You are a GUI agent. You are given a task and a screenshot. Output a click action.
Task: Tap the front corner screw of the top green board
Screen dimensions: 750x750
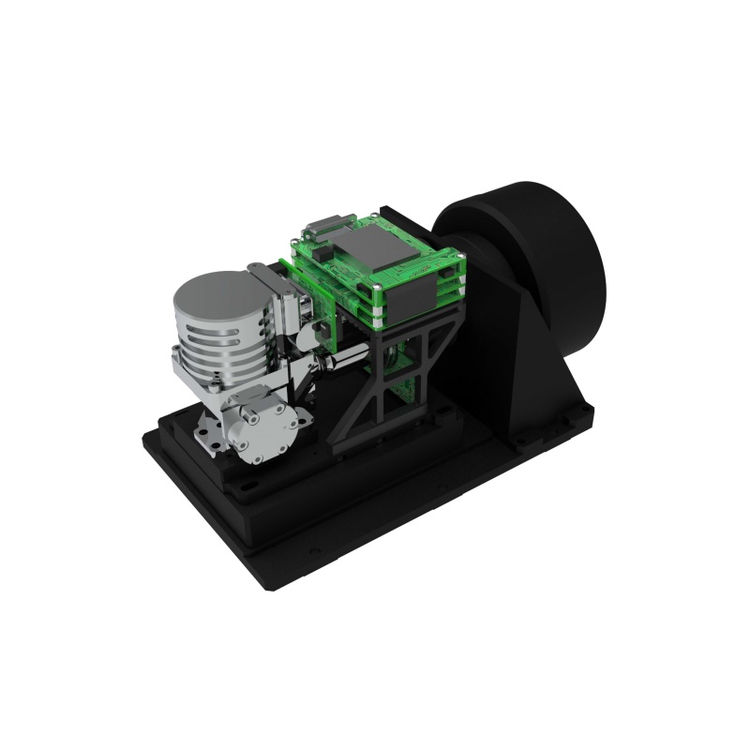[375, 287]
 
